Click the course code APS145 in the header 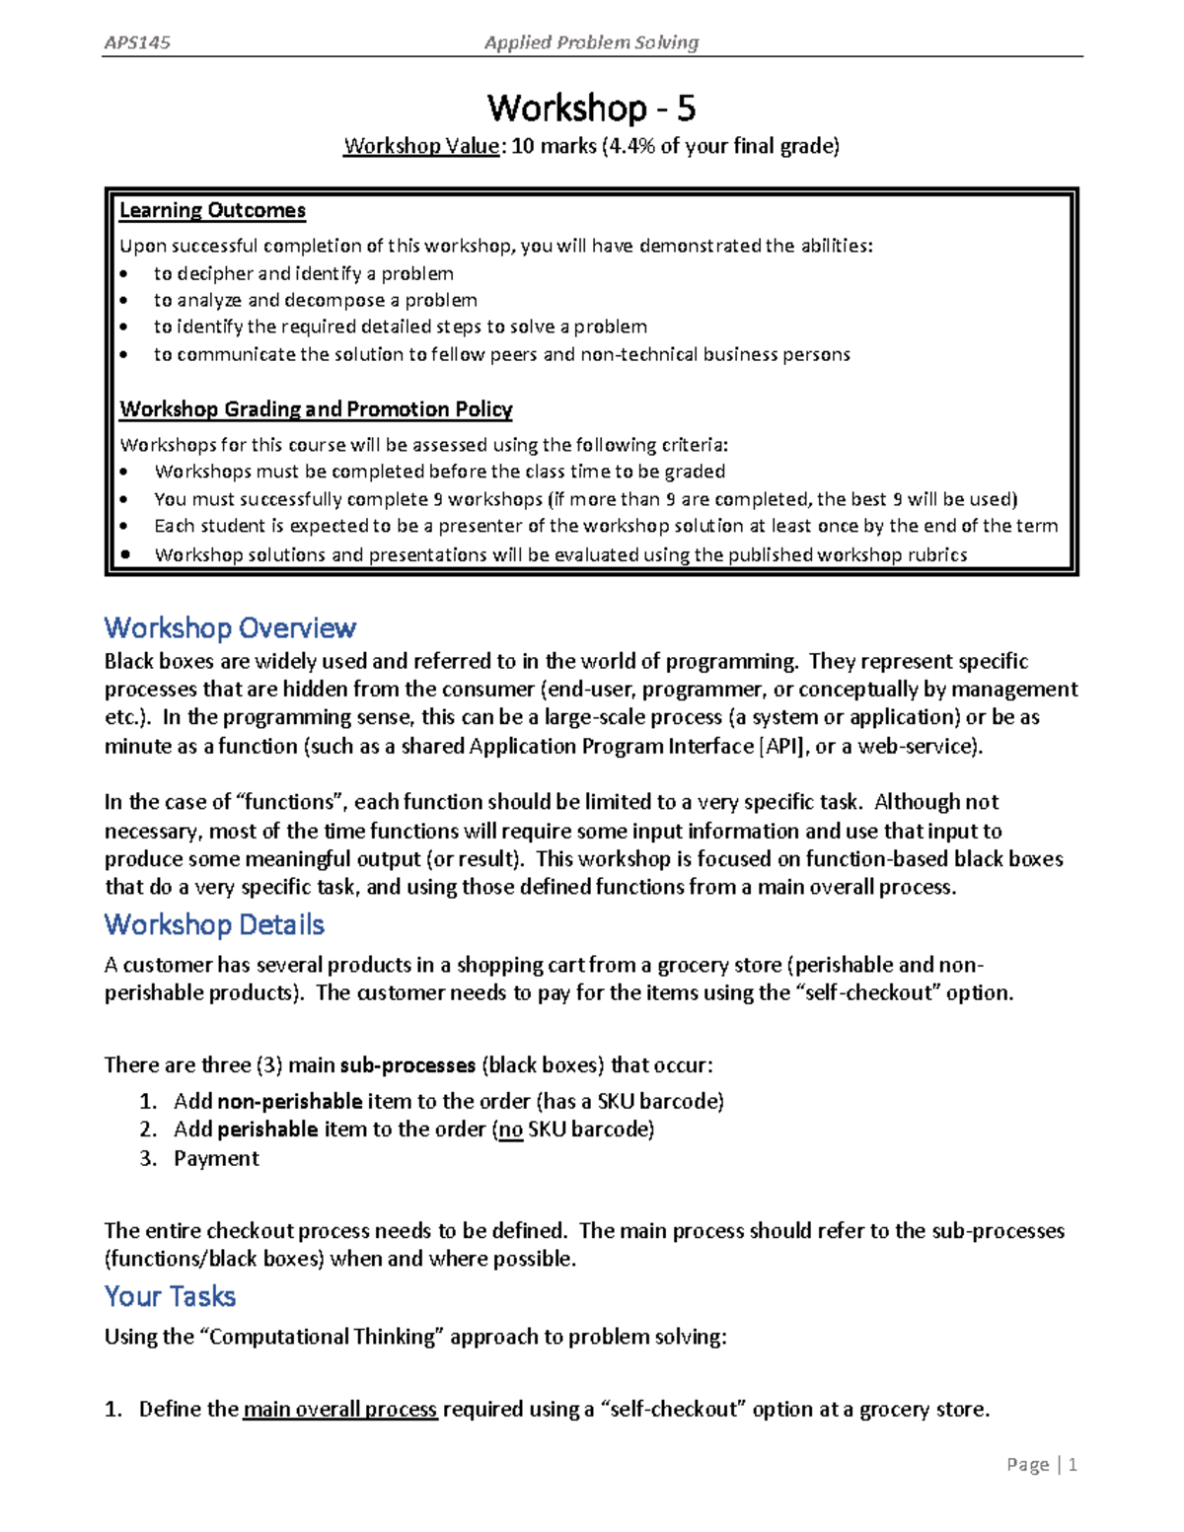click(x=137, y=42)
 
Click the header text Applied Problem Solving click(x=591, y=42)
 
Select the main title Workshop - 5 click(x=591, y=107)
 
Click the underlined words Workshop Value click(x=421, y=147)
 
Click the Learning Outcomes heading click(x=212, y=210)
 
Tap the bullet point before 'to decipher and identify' click(x=123, y=274)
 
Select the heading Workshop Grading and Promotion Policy click(x=316, y=409)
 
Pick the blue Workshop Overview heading click(x=230, y=628)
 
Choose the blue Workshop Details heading click(x=214, y=924)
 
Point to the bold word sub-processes click(x=407, y=1065)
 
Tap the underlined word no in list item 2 click(x=510, y=1130)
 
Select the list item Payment click(x=216, y=1158)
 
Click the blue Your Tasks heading click(x=170, y=1296)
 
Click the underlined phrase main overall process click(x=340, y=1410)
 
